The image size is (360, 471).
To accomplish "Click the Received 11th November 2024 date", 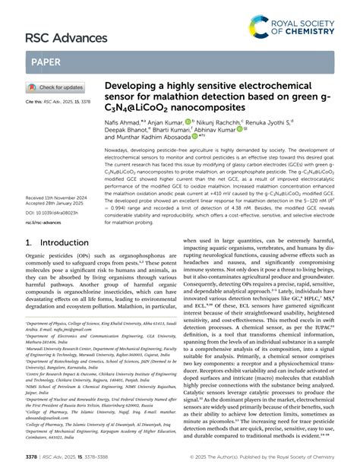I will coord(58,197).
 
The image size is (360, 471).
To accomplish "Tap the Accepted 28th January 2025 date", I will coord(55,203).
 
